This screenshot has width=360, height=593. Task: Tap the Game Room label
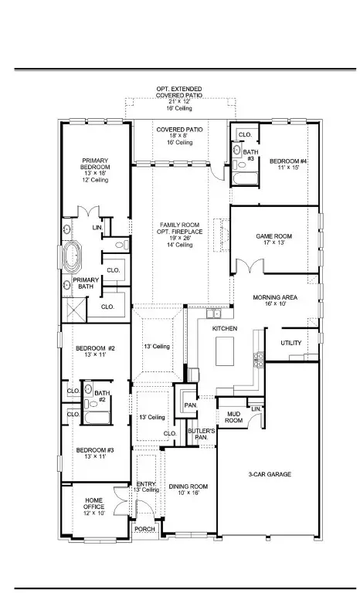tap(274, 239)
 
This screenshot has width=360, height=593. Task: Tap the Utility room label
tap(291, 343)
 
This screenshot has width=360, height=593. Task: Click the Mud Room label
tap(234, 418)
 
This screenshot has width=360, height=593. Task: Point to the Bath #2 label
tap(101, 396)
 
